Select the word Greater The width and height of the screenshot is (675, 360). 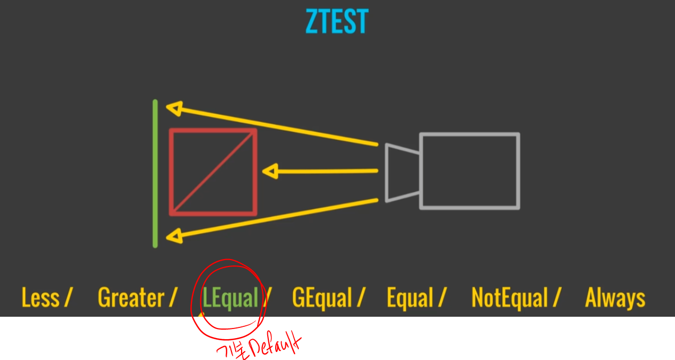click(131, 298)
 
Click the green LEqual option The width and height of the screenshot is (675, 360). click(230, 298)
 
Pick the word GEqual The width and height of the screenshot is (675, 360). click(322, 298)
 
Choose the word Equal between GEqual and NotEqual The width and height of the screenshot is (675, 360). click(410, 298)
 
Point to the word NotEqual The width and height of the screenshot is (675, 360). click(510, 298)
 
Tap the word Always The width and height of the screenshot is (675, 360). click(615, 298)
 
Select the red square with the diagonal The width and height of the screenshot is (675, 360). click(213, 172)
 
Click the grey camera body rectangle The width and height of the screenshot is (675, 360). click(470, 171)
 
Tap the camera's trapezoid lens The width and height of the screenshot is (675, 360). click(402, 173)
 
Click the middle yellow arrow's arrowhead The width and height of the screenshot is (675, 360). click(269, 171)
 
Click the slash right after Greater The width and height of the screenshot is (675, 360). click(173, 298)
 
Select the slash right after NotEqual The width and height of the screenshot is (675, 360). click(557, 298)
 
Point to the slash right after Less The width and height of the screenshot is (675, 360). click(68, 298)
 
